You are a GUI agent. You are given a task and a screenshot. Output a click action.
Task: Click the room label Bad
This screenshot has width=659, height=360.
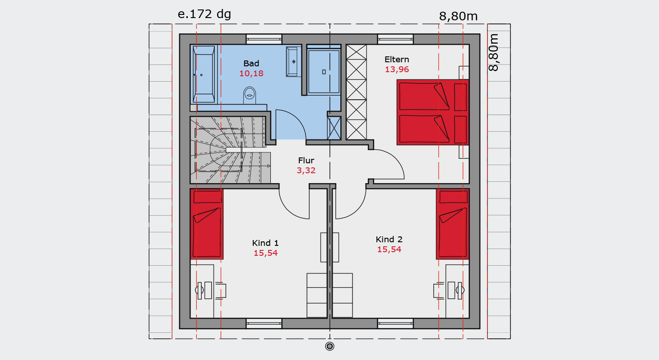pos(251,64)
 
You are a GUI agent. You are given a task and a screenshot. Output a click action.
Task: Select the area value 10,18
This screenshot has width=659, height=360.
pos(251,74)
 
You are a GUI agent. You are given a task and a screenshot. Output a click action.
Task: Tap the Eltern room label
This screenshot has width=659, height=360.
pos(397,60)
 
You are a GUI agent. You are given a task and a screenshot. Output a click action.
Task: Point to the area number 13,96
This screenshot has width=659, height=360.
pos(397,69)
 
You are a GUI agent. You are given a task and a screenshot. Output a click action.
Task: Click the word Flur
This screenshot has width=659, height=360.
pos(306,161)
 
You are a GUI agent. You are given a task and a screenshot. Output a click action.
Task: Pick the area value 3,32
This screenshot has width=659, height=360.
pos(306,171)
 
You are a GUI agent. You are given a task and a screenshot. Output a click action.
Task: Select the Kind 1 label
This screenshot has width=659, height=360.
pos(265,243)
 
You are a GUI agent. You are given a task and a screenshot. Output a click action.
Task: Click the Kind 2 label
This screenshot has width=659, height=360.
pos(389,240)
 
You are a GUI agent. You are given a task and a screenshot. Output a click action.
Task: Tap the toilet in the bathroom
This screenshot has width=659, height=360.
pos(250,95)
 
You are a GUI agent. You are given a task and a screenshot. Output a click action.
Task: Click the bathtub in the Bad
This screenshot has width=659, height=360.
pos(204,74)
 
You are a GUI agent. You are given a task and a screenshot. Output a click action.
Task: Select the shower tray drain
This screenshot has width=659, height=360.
pos(324,72)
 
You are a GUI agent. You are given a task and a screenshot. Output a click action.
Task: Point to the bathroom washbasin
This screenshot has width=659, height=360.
pos(292,62)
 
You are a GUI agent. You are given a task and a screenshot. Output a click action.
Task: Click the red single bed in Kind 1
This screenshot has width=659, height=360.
pos(207,224)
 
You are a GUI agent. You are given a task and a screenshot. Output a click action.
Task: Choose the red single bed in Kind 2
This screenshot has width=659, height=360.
pos(452,224)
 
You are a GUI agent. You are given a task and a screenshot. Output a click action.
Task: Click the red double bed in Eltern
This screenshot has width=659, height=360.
pos(433,112)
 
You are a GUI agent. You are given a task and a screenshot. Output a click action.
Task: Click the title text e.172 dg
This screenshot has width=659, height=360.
pos(204,14)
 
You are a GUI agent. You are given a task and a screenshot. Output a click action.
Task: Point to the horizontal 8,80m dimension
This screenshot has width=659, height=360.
pos(458,16)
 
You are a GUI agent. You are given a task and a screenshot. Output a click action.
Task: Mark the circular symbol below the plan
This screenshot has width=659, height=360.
pos(330,346)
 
